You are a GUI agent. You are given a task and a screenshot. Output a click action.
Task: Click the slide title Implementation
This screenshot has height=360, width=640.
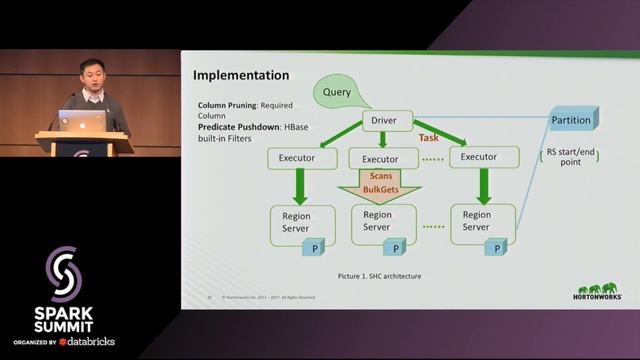[x=240, y=76]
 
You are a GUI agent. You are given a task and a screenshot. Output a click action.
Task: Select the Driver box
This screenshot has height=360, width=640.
[x=384, y=121]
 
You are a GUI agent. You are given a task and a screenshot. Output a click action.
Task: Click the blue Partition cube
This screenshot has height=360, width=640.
[x=571, y=119]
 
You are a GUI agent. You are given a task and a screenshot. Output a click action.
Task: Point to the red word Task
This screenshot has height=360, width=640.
[x=428, y=137]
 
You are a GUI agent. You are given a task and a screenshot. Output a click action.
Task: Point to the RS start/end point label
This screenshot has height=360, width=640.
[x=572, y=159]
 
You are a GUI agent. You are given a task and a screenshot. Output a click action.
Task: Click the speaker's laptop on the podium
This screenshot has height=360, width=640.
[x=83, y=121]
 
